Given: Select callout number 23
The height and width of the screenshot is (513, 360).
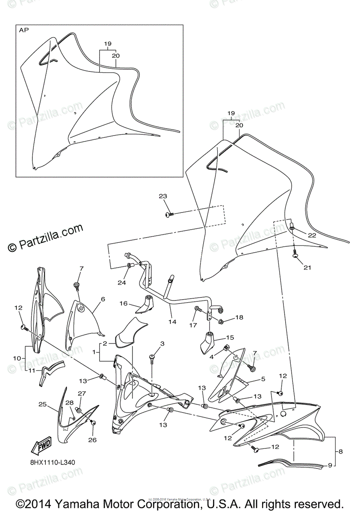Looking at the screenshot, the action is click(x=162, y=196).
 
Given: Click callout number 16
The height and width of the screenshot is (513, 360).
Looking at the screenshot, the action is click(x=124, y=304).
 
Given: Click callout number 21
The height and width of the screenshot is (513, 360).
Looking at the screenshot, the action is click(x=307, y=268).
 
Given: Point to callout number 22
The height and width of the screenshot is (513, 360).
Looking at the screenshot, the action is click(x=312, y=236).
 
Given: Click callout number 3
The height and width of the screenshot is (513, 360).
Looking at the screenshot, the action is click(x=162, y=344).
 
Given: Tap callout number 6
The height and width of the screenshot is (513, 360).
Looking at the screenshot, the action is click(x=103, y=300).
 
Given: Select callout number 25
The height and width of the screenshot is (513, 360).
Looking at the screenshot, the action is click(x=42, y=404).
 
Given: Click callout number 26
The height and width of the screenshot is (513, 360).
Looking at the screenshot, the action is click(x=92, y=439).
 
